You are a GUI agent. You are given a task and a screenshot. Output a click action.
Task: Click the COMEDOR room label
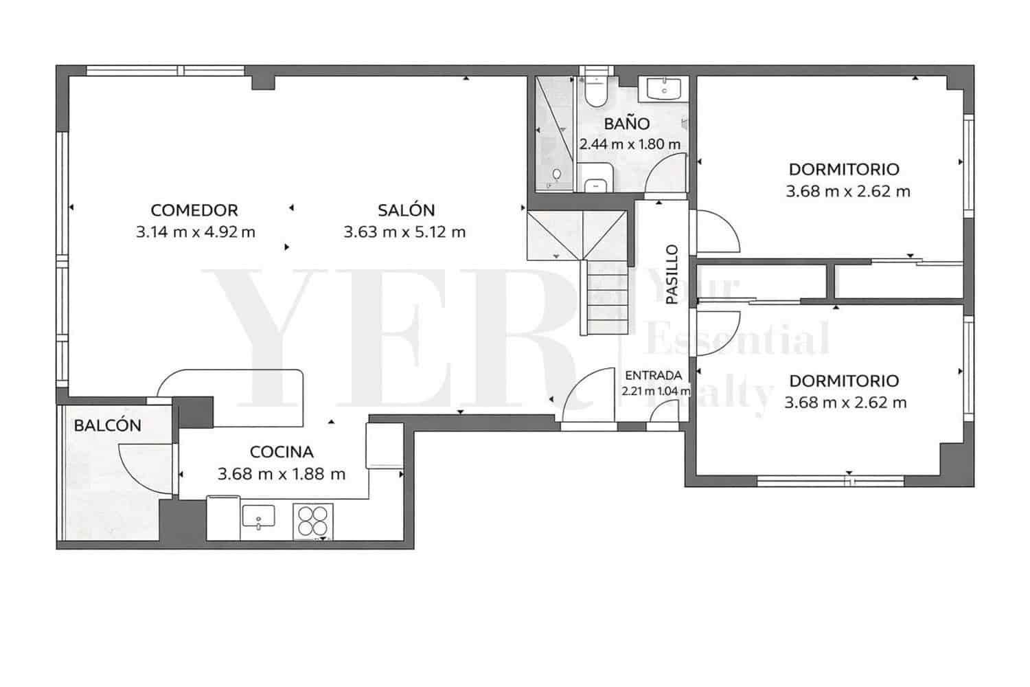tap(194, 210)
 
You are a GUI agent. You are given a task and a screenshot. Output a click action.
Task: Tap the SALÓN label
tap(406, 210)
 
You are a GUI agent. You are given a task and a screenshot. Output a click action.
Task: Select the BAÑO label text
tap(627, 123)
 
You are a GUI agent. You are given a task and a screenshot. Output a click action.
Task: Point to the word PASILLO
tap(672, 274)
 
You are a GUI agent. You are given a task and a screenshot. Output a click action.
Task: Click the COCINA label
tap(282, 452)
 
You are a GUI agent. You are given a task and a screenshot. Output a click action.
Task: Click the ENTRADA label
tap(654, 376)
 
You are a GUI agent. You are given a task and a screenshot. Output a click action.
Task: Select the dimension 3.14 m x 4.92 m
tap(196, 232)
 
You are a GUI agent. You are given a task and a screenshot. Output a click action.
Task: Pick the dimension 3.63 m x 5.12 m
tap(404, 232)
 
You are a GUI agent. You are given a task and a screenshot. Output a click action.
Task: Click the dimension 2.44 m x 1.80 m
tap(630, 144)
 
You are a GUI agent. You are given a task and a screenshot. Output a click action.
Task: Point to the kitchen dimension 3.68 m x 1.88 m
tap(282, 473)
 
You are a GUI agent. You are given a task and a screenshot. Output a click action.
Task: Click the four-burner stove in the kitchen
tap(313, 522)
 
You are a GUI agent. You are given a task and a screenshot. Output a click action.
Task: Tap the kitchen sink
tap(258, 517)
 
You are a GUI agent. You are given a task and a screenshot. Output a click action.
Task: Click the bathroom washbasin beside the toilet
tap(663, 89)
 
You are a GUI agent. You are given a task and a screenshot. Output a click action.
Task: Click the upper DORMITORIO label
tap(844, 169)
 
